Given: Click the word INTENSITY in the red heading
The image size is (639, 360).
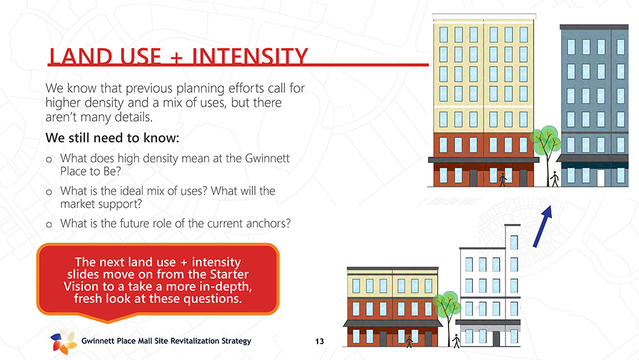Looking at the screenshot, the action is (x=250, y=56).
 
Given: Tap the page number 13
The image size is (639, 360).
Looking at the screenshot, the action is (x=319, y=341).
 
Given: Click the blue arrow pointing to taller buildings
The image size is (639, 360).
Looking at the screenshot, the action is (x=543, y=226).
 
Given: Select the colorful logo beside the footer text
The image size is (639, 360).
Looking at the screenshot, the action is (x=63, y=341).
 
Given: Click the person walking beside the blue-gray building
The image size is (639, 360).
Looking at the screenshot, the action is (x=554, y=180).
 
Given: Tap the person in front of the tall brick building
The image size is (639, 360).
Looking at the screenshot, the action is (x=503, y=180).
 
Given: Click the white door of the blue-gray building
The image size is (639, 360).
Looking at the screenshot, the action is (x=601, y=176).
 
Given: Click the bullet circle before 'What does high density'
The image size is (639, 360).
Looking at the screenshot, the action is (x=49, y=159).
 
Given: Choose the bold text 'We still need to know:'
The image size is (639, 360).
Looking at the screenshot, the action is (x=112, y=138).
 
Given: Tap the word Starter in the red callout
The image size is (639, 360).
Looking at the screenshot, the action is (x=229, y=274).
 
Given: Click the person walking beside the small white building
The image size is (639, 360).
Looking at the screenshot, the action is (x=456, y=341).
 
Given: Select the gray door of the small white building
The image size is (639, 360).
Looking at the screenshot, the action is (x=496, y=339).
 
